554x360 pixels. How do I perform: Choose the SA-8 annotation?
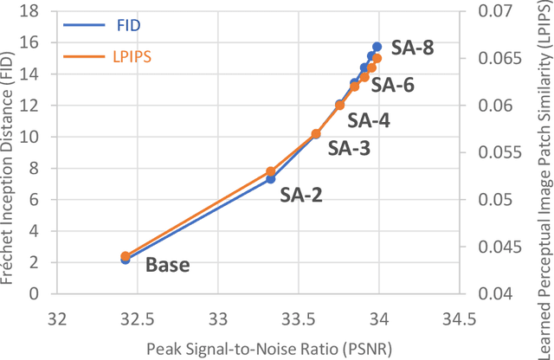(x=412, y=49)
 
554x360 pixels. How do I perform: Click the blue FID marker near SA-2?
(x=271, y=178)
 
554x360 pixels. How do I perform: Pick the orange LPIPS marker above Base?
(x=126, y=256)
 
